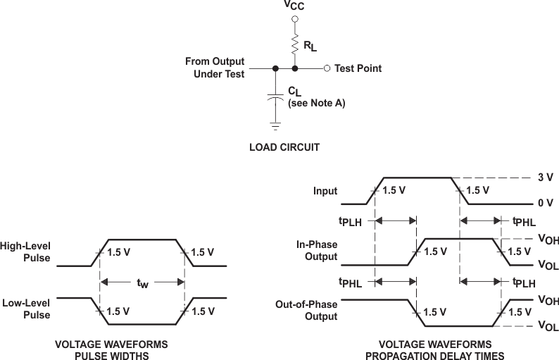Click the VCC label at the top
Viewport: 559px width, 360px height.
tap(294, 6)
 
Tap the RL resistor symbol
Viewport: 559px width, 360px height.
tap(295, 46)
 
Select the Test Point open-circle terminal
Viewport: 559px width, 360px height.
tap(327, 68)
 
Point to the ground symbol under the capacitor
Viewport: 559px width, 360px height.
tap(275, 127)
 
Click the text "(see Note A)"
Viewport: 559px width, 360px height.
tap(316, 103)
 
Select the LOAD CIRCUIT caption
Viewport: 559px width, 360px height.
tap(284, 148)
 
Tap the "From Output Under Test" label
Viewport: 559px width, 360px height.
tap(215, 68)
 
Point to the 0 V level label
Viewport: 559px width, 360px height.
tap(545, 203)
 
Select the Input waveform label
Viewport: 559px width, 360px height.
tap(325, 191)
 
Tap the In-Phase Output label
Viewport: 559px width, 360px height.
tap(318, 250)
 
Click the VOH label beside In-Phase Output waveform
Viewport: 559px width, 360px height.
tap(548, 240)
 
